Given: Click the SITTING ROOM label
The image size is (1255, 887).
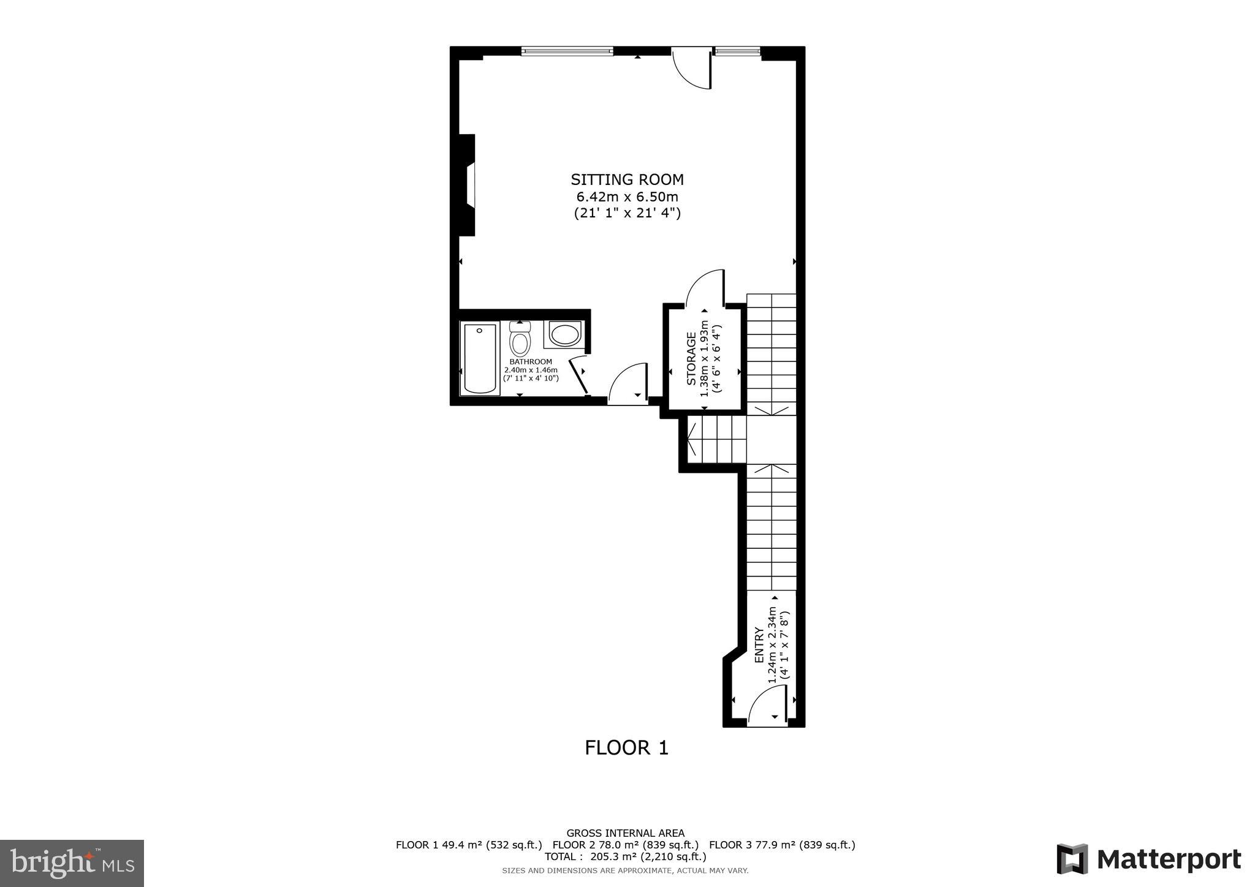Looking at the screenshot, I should click(x=627, y=179).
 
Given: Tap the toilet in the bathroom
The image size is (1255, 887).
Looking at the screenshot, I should click(x=520, y=341).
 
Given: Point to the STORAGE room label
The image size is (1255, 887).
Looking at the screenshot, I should click(x=691, y=359).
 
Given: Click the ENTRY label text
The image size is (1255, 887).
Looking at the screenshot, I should click(x=759, y=645).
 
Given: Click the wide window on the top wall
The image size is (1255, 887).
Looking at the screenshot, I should click(x=567, y=51).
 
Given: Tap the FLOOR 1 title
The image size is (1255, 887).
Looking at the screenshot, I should click(x=626, y=748).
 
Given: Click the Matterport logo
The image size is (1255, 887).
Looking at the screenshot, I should click(x=1148, y=859).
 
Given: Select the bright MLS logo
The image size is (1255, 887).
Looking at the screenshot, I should click(x=72, y=863).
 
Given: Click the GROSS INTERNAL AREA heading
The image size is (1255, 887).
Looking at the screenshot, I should click(x=625, y=833).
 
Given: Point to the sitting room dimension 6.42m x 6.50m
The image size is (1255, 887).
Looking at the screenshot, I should click(x=627, y=197).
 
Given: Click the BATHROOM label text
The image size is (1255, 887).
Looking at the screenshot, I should click(x=531, y=362).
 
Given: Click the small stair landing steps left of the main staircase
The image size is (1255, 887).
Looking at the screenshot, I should click(x=716, y=440).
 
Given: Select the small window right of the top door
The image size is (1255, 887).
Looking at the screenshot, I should click(x=737, y=51).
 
